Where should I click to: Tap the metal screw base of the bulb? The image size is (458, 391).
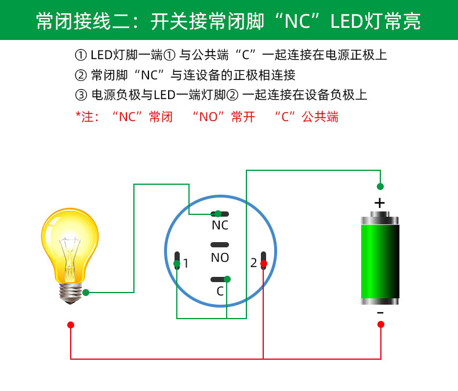70,293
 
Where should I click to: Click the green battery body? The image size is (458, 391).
380,261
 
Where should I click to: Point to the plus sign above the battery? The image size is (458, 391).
380,203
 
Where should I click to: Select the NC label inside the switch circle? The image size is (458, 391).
220,225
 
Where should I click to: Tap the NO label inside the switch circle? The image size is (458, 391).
220,258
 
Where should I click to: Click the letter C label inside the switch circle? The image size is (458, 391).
220,291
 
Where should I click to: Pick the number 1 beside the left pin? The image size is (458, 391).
186,264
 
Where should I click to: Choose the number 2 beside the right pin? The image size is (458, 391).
253,263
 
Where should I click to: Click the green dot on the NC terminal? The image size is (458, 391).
218,214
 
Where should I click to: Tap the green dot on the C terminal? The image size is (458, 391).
227,279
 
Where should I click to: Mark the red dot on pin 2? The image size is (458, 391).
263,264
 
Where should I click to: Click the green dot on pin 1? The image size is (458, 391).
177,264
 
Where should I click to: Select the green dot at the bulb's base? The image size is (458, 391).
86,293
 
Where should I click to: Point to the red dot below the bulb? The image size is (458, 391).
71,325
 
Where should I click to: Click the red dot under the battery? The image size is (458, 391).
380,324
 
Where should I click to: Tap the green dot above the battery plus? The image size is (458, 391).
380,186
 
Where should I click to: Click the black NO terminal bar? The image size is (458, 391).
220,245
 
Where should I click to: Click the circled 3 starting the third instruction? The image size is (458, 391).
81,95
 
